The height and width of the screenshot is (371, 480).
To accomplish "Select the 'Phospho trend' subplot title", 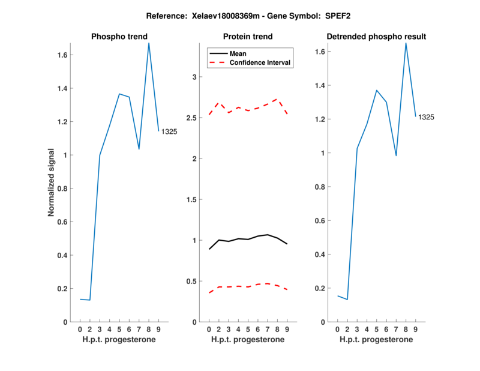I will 119,37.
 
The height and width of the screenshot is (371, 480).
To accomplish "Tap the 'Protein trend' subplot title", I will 247,37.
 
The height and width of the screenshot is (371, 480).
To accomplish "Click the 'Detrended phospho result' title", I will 376,37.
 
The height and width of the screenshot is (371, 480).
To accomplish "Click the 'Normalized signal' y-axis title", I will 52,182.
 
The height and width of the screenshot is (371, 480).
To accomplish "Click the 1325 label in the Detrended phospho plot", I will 426,118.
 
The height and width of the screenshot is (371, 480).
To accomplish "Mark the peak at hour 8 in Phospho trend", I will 149,43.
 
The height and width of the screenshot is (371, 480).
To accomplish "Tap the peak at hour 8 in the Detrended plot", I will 406,43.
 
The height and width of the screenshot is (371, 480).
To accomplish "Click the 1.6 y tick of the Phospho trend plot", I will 62,55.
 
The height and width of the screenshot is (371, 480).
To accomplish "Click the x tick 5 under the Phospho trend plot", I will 119,329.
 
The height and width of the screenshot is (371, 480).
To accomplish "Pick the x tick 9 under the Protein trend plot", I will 287,329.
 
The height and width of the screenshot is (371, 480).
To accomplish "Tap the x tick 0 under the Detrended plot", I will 337,329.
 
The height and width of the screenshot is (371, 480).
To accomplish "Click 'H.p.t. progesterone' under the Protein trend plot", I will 247,340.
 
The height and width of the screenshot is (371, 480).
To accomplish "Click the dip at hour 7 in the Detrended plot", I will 396,155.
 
